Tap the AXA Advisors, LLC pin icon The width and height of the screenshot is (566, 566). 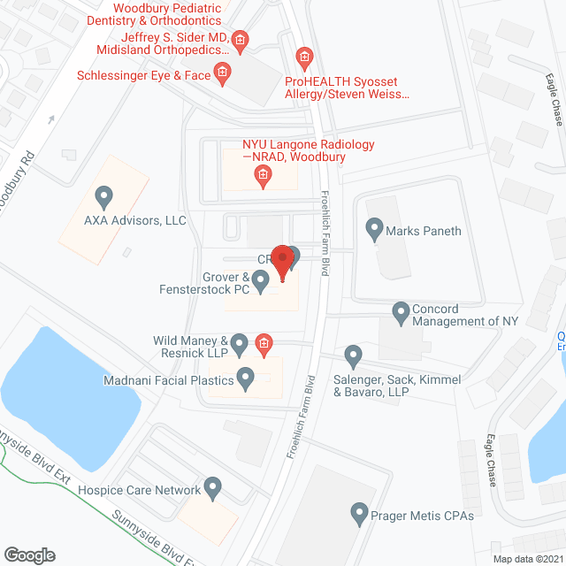pos(104,195)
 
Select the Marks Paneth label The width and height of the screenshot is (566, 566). pos(424,232)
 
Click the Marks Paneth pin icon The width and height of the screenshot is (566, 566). pos(374,230)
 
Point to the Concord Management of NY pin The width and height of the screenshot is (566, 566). pos(401,311)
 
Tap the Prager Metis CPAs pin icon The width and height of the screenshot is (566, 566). pos(359,513)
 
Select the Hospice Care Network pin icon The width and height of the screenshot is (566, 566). pos(212,486)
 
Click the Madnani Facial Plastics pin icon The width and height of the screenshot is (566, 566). pos(247,380)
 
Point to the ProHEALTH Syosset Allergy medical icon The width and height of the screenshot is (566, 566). pos(303,59)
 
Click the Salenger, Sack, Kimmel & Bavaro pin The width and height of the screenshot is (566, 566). pos(354,356)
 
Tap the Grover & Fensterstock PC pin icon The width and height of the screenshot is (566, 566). pos(260,282)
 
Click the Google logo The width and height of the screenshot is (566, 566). pos(28,555)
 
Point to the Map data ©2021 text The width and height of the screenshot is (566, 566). pos(527,558)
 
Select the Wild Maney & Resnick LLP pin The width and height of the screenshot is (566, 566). pos(240,342)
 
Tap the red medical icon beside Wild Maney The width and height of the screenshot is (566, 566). pos(263,343)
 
